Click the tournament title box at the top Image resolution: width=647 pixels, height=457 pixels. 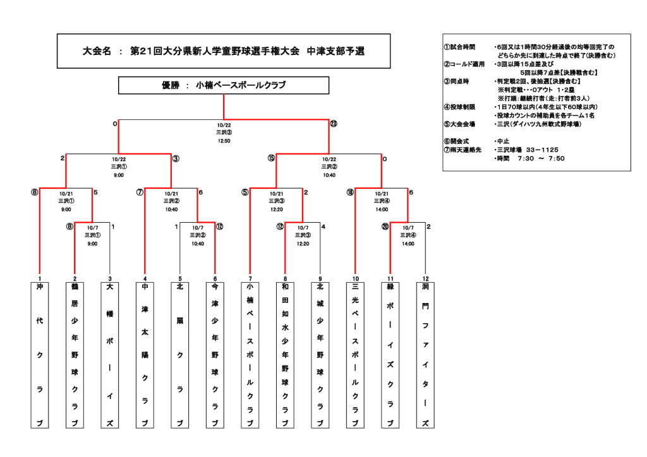tap(224, 51)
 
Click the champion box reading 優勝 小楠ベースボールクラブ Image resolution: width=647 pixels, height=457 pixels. tap(224, 85)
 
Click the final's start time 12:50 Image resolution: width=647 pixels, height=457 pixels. tap(224, 141)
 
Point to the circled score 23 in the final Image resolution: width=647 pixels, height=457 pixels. tap(334, 124)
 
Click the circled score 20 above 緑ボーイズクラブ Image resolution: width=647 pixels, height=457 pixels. tap(385, 227)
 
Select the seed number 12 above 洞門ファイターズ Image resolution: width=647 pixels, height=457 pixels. tap(425, 278)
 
